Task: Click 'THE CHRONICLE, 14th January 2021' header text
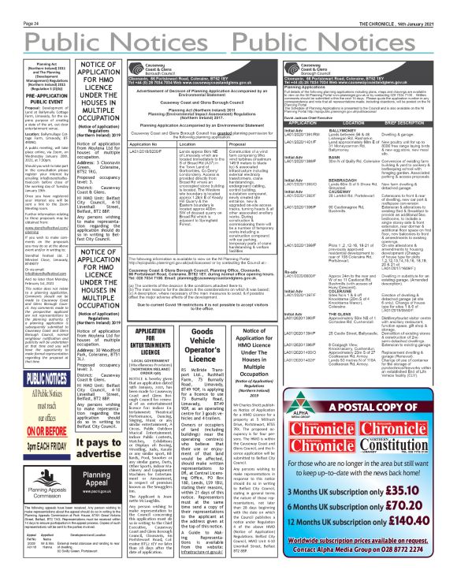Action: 416,4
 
